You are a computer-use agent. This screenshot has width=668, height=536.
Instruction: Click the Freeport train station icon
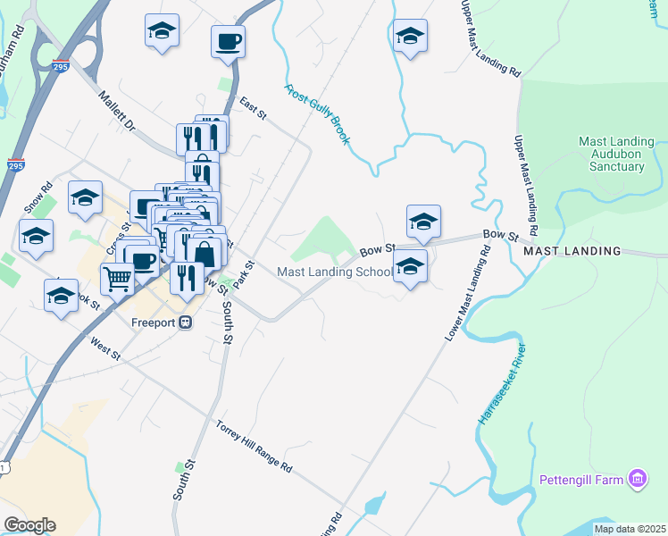coord(186,322)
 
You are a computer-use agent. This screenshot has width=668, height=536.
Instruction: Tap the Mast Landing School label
coord(335,272)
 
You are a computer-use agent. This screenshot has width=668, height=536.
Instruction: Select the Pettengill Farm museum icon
coord(638,480)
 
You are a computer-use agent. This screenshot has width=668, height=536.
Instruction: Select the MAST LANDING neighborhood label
coord(572,251)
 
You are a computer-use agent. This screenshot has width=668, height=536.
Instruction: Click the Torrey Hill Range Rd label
coord(254,446)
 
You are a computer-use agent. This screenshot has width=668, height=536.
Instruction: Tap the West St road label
coord(104,348)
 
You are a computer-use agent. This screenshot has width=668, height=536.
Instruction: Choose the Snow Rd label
coord(39,197)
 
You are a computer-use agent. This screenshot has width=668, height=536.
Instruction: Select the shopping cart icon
coord(118,279)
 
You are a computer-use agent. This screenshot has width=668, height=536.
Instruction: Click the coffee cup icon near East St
coord(228,40)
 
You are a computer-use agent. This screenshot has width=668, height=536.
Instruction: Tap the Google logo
coord(29,525)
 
